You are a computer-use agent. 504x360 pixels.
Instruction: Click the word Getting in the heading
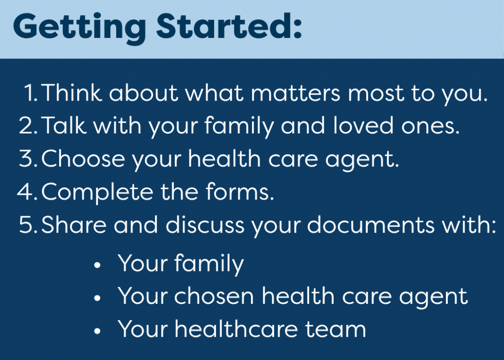pos(80,28)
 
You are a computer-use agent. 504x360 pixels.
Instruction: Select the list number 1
pos(30,93)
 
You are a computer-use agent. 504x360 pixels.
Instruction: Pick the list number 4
pos(27,192)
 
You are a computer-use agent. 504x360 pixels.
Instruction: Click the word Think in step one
pos(71,93)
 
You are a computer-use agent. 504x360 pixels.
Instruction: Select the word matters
pos(295,93)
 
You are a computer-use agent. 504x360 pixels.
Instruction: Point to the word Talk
pos(63,125)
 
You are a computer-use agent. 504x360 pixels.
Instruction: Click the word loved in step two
pos(363,125)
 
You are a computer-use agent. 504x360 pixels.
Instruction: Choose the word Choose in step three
pos(83,159)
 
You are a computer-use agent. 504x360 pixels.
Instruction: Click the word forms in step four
pos(240,192)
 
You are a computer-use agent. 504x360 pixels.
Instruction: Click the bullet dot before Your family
pos(97,265)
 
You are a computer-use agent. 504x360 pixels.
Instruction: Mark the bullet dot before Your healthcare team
pos(97,331)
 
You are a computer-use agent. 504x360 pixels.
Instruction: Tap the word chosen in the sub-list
pos(214,295)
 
